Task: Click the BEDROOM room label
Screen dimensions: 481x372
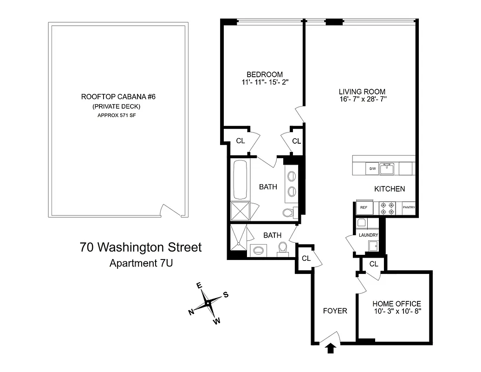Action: pos(264,74)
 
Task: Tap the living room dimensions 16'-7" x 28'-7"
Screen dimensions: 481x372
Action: pos(363,99)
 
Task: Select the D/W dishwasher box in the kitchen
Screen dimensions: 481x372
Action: pos(372,169)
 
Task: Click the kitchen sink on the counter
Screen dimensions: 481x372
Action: pos(387,168)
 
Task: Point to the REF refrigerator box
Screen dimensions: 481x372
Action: pos(364,207)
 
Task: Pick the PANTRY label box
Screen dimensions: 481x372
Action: pos(409,207)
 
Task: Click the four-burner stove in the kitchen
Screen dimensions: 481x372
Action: pos(387,208)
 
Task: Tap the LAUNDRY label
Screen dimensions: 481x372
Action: pos(368,235)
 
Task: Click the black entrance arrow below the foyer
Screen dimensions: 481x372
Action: pos(330,348)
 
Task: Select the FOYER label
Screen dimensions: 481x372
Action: pos(335,311)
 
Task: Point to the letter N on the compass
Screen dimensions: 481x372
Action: pos(191,312)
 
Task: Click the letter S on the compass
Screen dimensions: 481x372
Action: pos(226,294)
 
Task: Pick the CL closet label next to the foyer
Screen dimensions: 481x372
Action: pos(306,259)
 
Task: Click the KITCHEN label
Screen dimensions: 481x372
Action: pos(390,189)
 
